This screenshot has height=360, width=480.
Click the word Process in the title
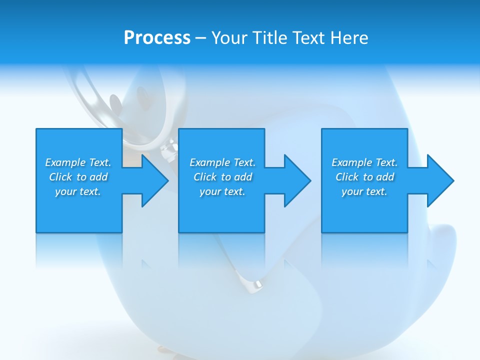point(157,38)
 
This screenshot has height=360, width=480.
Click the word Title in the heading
point(270,38)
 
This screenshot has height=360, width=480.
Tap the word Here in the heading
point(349,38)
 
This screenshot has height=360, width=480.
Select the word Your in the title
point(230,38)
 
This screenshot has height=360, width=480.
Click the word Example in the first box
point(65,162)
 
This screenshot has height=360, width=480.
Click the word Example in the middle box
point(210,162)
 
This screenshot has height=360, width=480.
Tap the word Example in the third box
point(352,162)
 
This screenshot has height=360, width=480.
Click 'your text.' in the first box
point(78,191)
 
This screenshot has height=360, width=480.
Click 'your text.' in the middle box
point(222,191)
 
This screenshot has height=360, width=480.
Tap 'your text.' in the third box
point(364,191)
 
